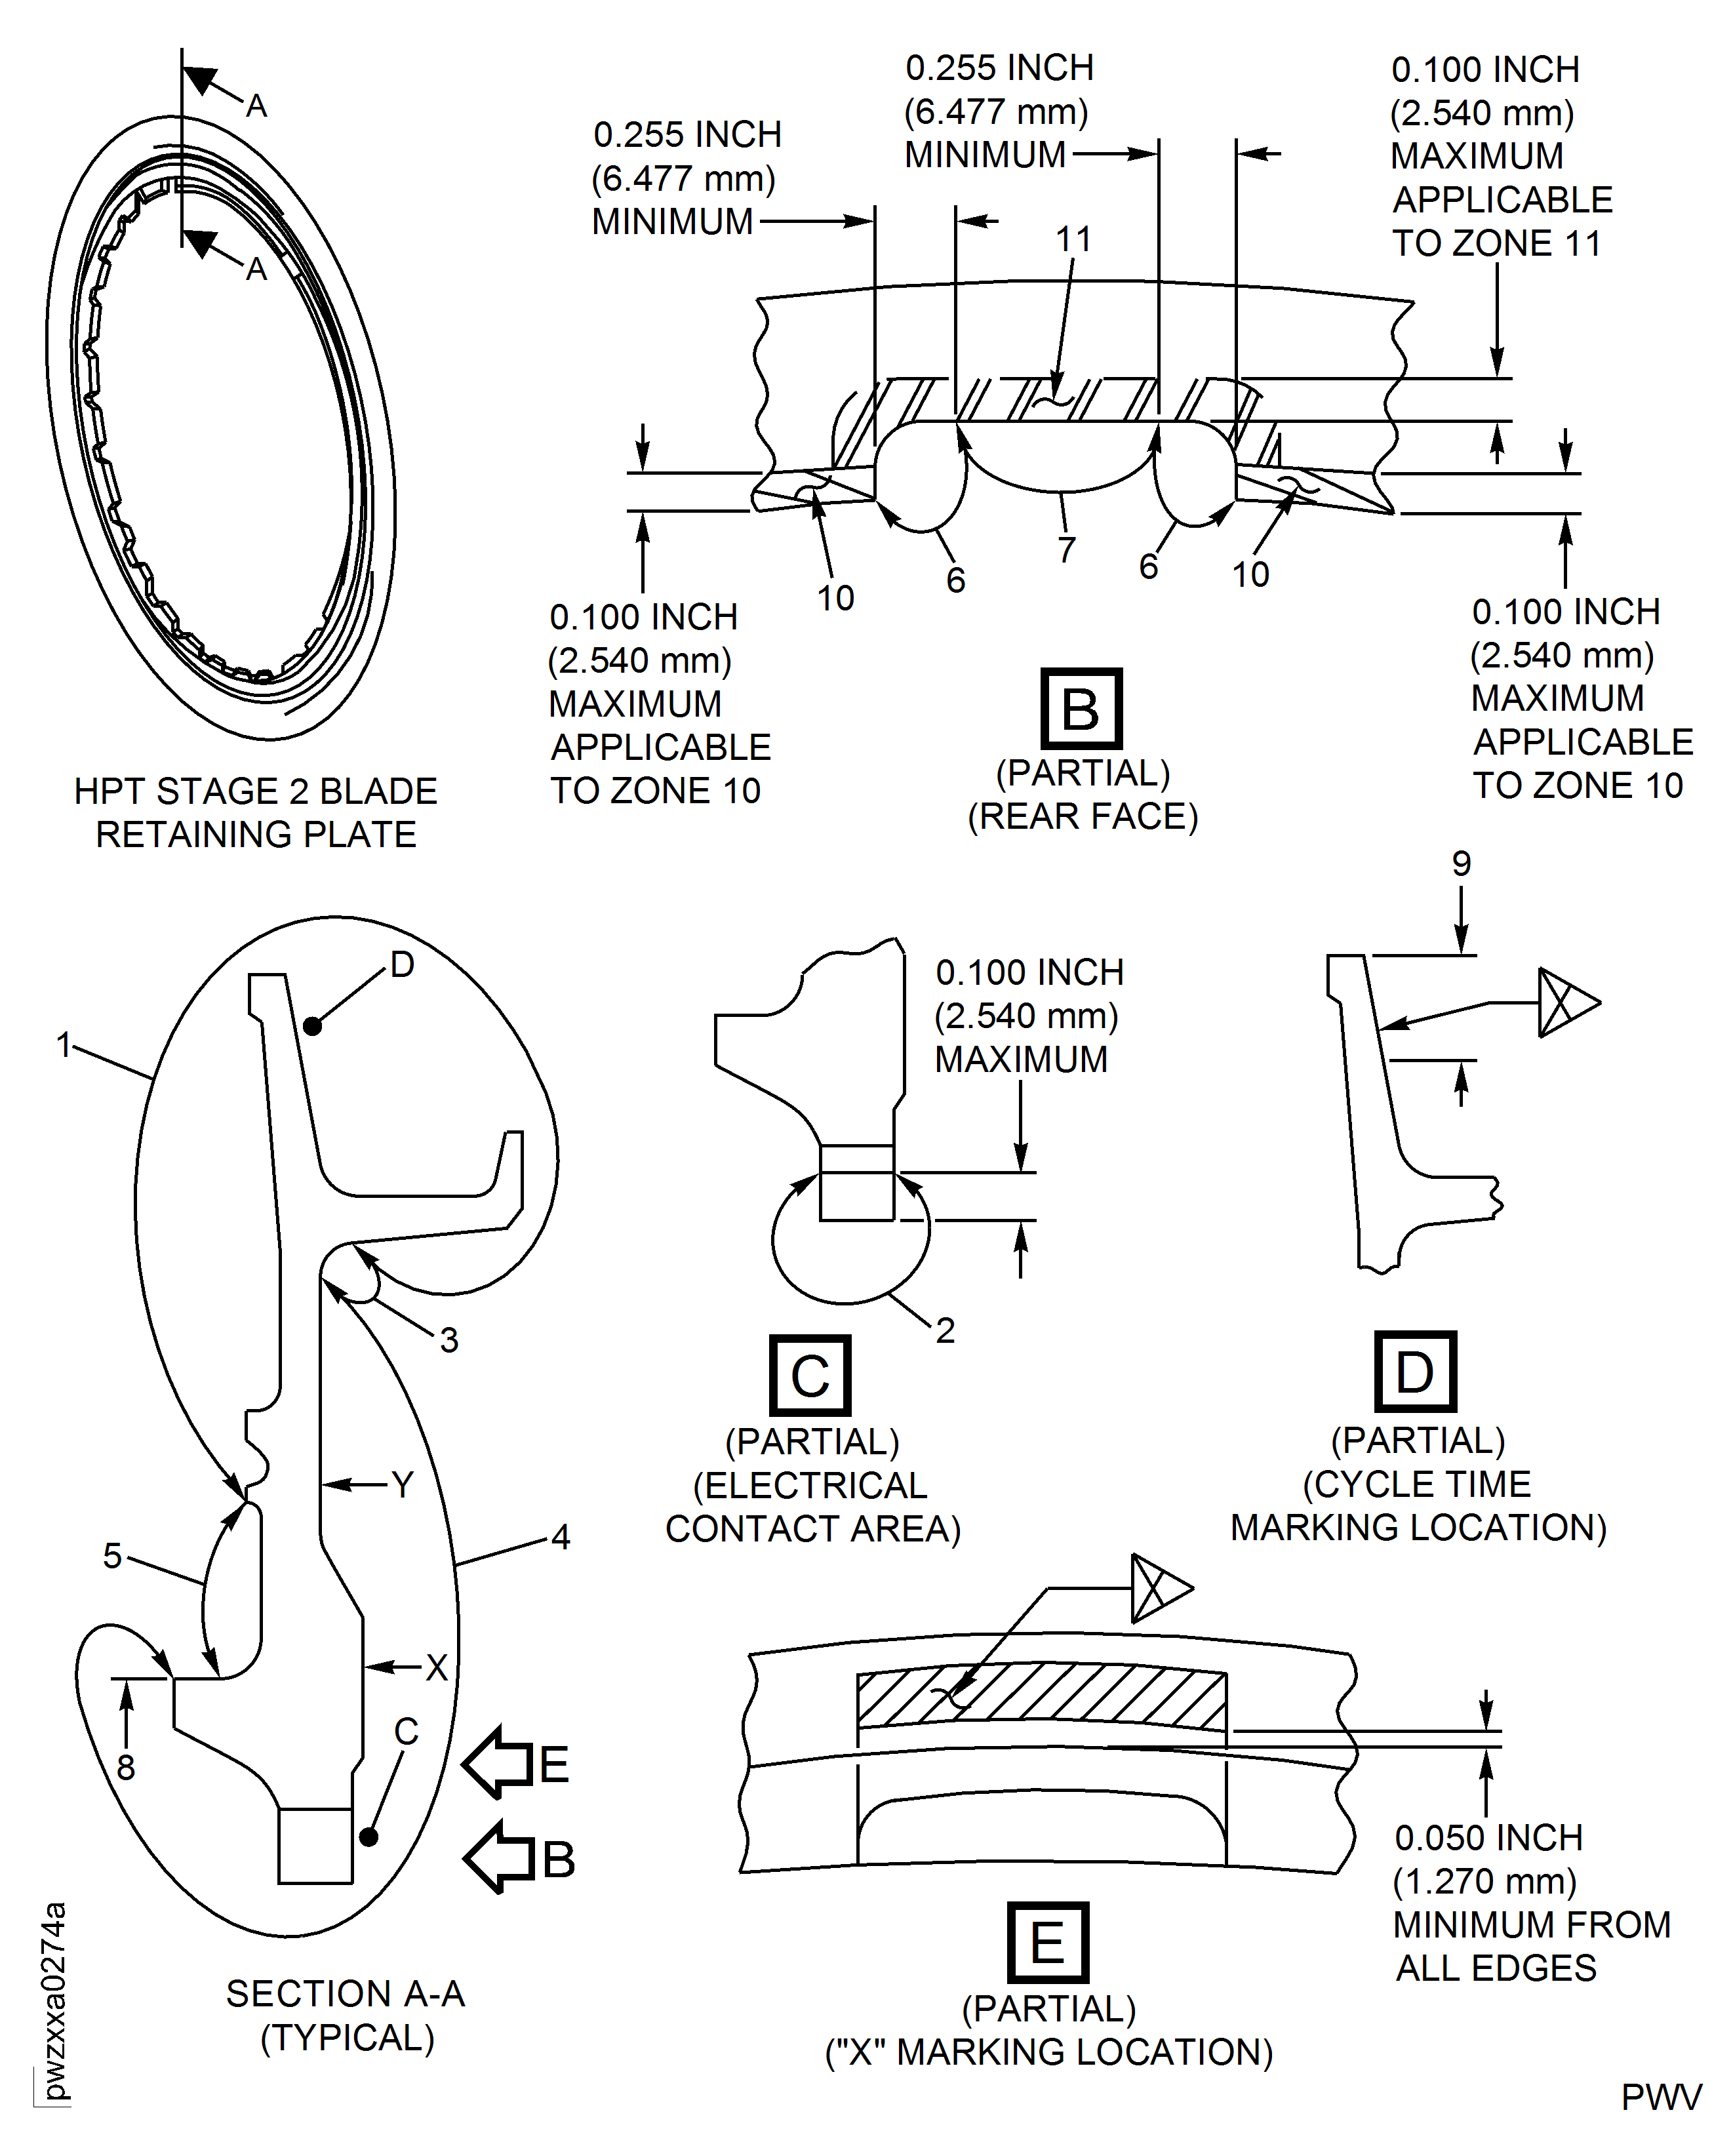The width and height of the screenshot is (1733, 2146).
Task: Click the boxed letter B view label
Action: point(1081,709)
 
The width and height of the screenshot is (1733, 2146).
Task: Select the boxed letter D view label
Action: point(1414,1372)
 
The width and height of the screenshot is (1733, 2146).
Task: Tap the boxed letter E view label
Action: point(1047,1942)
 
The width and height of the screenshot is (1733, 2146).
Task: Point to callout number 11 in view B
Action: point(1074,239)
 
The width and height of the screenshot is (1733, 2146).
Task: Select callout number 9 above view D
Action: point(1460,864)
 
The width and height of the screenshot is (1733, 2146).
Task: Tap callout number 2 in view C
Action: point(944,1330)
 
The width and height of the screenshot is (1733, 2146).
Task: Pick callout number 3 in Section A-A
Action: point(449,1340)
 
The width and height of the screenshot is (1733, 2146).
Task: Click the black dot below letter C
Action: point(369,1837)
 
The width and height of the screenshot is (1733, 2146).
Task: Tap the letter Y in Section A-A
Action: point(403,1485)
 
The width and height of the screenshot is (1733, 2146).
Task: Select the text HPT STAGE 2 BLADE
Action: point(256,791)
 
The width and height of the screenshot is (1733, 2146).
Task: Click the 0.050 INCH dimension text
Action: point(1488,1838)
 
